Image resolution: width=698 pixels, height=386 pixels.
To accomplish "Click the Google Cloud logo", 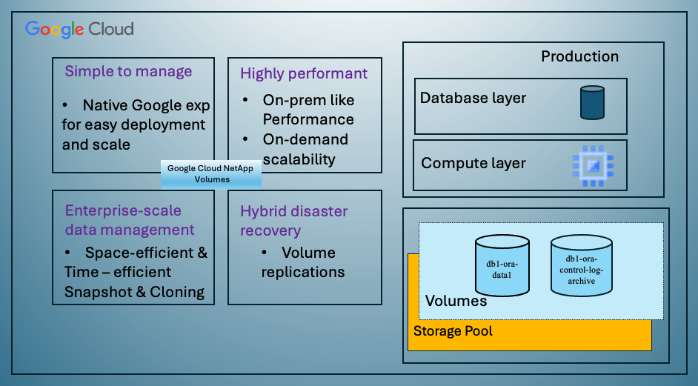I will (x=79, y=30).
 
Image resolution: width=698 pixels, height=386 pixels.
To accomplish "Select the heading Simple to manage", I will (x=128, y=71).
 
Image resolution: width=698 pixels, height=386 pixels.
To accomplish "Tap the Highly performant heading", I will (x=304, y=73).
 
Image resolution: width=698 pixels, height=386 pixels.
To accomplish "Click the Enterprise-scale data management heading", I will (x=130, y=220).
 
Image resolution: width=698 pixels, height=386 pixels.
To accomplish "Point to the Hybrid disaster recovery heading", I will (x=294, y=221).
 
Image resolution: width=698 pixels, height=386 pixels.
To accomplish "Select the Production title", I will (x=579, y=56).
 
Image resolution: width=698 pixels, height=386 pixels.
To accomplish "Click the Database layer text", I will (x=473, y=98).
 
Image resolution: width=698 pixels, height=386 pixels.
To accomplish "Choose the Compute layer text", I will (x=473, y=163).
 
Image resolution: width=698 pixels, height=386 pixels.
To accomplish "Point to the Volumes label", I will (x=456, y=301).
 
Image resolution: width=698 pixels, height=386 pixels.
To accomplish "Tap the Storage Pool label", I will (x=453, y=330).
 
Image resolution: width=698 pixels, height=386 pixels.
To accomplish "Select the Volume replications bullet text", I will (x=302, y=262).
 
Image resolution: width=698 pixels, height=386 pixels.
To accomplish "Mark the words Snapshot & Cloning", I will (x=134, y=291).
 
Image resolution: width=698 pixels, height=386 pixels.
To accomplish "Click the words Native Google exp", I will (x=144, y=104).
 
